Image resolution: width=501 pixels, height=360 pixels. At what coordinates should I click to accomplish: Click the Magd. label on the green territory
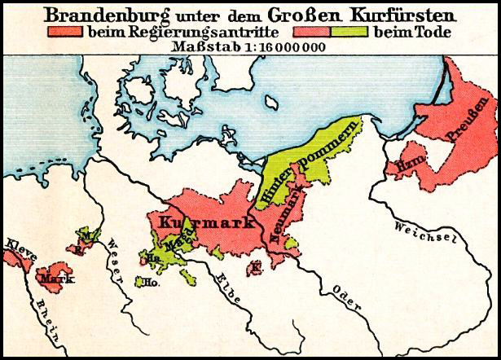click(x=180, y=243)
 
